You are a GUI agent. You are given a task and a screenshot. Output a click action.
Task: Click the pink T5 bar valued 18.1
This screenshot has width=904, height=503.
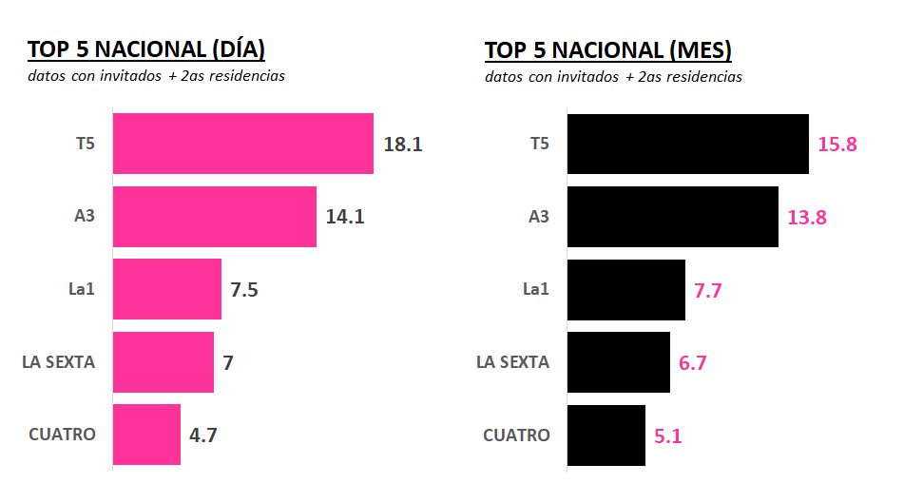[242, 144]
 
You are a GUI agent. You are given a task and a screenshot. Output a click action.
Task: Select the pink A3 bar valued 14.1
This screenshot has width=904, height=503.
[214, 217]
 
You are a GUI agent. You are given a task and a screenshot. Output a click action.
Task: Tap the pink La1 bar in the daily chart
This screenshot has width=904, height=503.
[166, 289]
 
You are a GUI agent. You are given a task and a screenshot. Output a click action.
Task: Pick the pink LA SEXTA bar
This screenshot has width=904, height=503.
[163, 362]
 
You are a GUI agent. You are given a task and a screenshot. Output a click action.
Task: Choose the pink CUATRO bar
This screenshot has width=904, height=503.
[146, 435]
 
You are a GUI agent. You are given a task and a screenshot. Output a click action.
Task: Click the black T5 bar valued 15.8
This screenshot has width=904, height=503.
[688, 145]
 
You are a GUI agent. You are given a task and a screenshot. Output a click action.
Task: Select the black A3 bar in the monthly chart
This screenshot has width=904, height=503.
[673, 217]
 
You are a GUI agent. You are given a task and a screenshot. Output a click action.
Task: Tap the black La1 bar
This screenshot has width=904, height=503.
[626, 289]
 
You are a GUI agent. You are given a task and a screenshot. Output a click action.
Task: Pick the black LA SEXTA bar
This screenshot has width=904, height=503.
[619, 362]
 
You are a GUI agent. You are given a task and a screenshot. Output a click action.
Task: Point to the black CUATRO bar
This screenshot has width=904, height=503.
[606, 435]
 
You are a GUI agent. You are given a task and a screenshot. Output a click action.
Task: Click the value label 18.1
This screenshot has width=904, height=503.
[402, 145]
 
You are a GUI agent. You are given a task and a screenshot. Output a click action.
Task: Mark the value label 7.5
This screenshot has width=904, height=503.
[244, 290]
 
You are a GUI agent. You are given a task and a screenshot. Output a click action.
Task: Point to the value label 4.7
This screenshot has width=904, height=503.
[203, 435]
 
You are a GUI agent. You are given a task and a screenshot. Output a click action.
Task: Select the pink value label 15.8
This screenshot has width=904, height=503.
[837, 145]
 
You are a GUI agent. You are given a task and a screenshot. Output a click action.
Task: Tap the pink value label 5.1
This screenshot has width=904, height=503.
[668, 435]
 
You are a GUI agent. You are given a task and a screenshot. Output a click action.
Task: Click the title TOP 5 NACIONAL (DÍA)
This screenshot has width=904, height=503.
[145, 49]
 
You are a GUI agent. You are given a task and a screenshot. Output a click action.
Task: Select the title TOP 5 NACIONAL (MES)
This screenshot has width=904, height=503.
[608, 49]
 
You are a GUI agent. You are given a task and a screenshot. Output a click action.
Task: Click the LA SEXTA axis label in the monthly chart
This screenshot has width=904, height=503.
[512, 362]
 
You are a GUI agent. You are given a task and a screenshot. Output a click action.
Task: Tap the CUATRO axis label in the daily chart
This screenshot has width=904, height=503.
[62, 435]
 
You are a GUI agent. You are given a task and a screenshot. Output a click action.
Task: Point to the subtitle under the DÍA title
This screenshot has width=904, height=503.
[156, 76]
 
